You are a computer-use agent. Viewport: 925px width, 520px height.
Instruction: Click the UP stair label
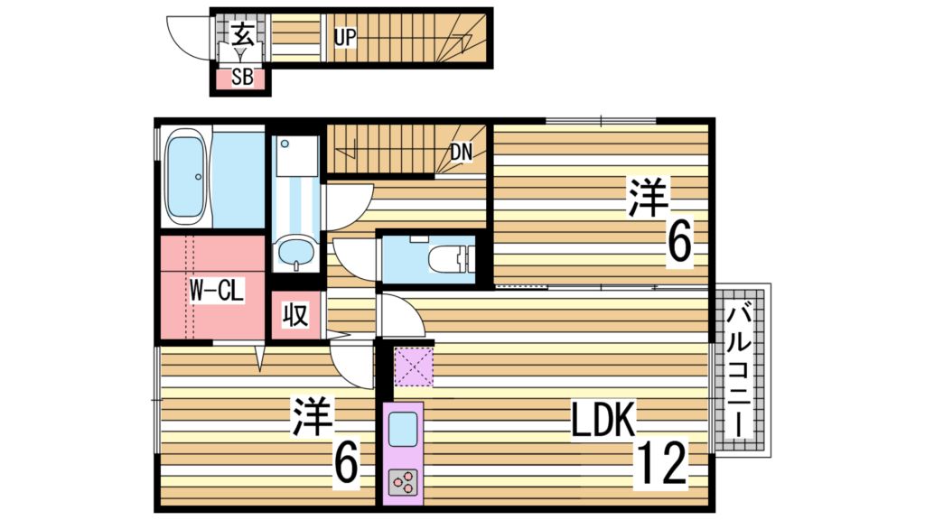[x=345, y=38]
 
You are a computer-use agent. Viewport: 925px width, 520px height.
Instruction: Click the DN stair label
[x=462, y=153]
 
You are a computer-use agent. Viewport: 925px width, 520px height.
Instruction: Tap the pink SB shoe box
[x=241, y=78]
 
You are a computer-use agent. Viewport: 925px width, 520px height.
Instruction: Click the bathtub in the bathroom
[x=187, y=178]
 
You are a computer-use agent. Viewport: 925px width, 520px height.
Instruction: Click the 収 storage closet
[x=295, y=315]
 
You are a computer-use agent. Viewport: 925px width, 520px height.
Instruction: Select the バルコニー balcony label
[x=740, y=370]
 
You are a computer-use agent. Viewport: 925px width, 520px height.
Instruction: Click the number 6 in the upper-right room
[x=678, y=241]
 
